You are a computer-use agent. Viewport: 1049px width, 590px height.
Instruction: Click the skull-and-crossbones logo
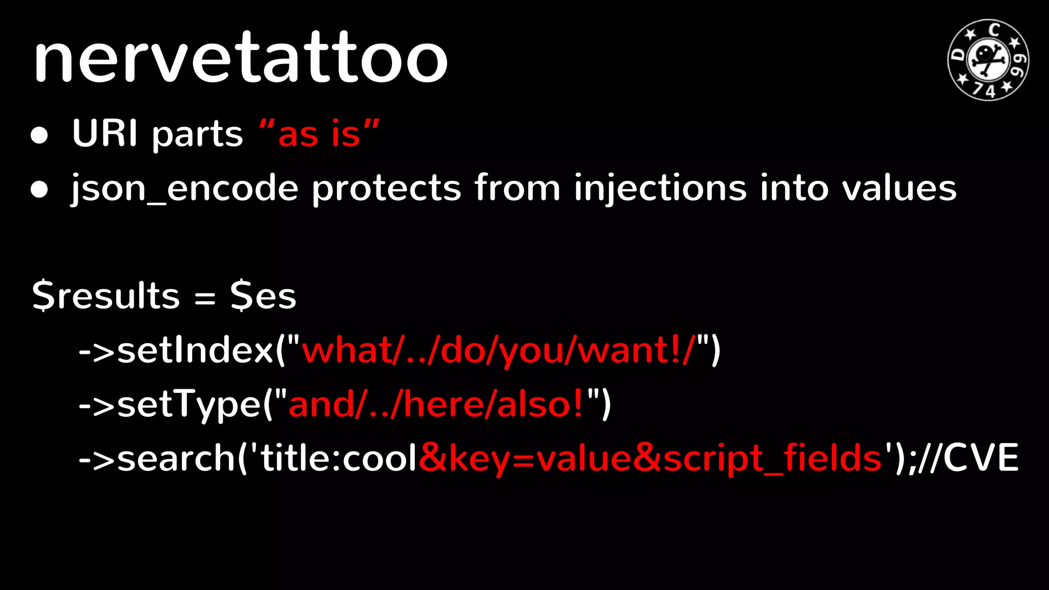[x=988, y=60]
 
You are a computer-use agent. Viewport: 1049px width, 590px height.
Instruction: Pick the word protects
[x=387, y=188]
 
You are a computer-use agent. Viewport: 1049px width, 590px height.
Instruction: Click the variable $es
[x=263, y=296]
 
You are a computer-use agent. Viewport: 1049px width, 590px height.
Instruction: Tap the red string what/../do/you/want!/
[x=498, y=351]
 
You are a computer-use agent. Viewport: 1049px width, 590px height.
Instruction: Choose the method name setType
[x=190, y=405]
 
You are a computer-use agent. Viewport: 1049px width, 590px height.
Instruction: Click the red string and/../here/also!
[x=436, y=405]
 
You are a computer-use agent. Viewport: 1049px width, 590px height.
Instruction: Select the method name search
[x=176, y=458]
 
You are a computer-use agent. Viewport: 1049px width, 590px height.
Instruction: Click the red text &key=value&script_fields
[x=650, y=458]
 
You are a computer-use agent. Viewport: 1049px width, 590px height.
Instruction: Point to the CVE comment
[x=981, y=458]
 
